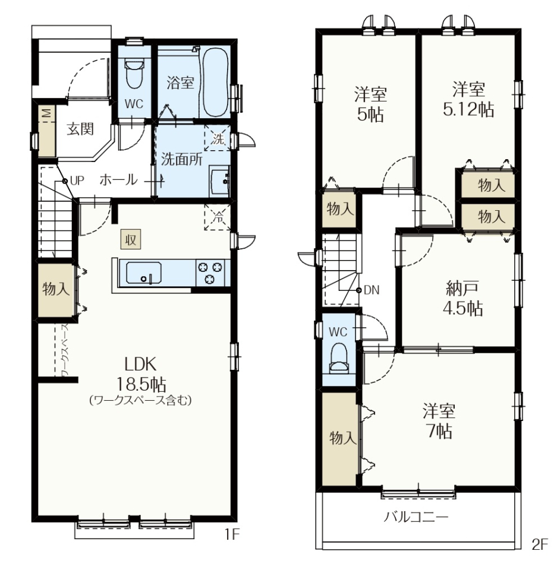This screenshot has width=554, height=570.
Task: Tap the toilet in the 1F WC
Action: coord(134,73)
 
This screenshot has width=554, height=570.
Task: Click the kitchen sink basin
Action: coord(144,273)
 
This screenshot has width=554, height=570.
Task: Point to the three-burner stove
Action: coord(210,273)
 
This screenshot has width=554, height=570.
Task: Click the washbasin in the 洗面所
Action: coord(220,181)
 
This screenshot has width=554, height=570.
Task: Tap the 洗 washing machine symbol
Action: coord(218,138)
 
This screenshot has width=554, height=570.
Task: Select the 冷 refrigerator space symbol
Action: coord(218,217)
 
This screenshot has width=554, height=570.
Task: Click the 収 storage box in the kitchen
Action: coord(131,239)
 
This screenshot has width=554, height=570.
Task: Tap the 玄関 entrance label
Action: coord(80,129)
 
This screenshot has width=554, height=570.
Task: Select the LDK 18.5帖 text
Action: coord(141,373)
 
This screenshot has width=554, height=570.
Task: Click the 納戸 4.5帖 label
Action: coord(462,299)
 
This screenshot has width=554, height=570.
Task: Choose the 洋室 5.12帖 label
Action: coord(468,99)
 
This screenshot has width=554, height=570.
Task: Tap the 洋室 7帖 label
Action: coord(439,420)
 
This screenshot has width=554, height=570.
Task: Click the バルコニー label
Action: coord(416,517)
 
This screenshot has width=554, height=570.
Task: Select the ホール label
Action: coord(119,180)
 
